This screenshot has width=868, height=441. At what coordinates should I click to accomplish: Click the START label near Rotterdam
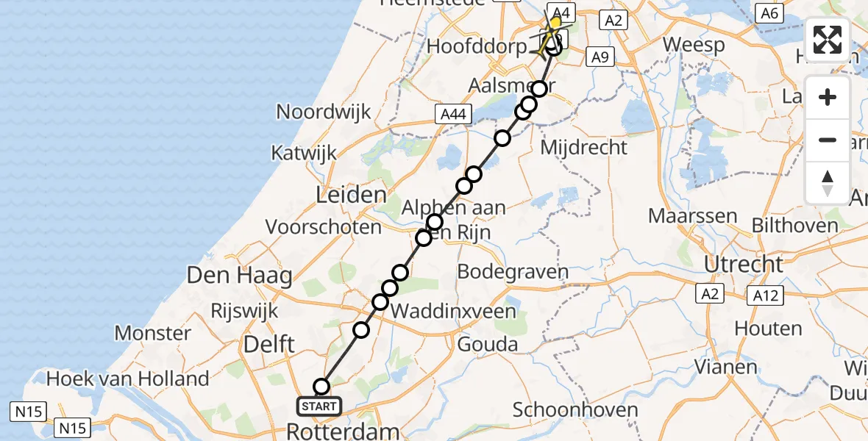click(x=319, y=406)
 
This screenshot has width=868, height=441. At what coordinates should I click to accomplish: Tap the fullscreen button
click(x=828, y=40)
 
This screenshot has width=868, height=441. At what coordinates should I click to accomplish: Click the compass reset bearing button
click(x=828, y=183)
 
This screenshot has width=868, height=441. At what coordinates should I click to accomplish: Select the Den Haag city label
click(x=240, y=276)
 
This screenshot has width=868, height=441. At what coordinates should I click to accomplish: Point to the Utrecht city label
click(x=744, y=264)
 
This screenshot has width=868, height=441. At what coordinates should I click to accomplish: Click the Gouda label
click(x=487, y=343)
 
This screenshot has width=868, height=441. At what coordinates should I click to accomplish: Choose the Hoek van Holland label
click(x=128, y=379)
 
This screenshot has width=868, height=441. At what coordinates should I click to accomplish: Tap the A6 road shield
click(x=769, y=12)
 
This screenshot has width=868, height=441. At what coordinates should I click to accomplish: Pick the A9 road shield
click(x=601, y=57)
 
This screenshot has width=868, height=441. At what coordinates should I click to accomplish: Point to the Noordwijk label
click(x=324, y=112)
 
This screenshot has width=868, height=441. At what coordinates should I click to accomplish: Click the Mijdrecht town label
click(x=584, y=147)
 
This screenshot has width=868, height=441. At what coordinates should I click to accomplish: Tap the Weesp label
click(x=693, y=44)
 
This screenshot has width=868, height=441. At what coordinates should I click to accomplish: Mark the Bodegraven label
click(x=513, y=272)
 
